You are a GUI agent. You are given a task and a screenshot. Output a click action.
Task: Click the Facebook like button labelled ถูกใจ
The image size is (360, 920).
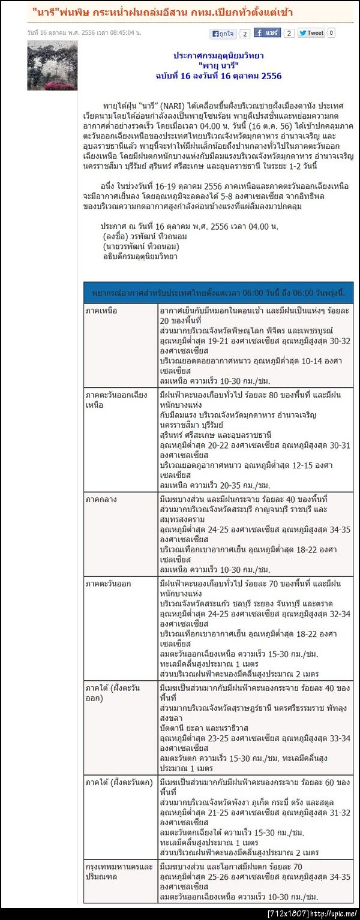pos(222,34)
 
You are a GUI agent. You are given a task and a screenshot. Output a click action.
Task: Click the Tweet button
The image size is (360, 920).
pos(311,34)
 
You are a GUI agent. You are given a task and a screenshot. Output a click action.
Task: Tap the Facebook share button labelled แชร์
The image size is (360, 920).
pos(267,33)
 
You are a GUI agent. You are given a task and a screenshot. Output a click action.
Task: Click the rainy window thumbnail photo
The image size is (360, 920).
pos(52,65)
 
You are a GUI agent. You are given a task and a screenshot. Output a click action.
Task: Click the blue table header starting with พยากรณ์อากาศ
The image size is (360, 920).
pos(218,292)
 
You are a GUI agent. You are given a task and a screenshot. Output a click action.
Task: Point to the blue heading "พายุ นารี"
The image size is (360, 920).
pos(218,65)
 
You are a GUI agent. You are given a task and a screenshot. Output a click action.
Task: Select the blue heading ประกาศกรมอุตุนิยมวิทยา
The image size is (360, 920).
pos(218,55)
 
